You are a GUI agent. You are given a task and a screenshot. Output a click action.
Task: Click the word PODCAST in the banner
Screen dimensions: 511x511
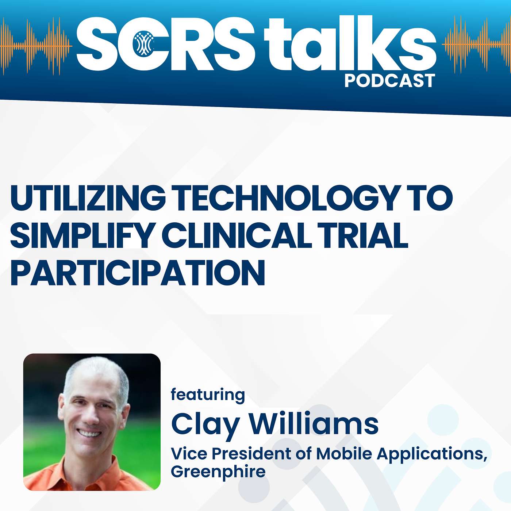pos(389,81)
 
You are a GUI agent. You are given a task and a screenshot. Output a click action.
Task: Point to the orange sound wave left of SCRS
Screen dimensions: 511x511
pos(36,46)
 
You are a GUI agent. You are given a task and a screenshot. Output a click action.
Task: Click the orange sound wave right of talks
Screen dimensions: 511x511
pos(476,44)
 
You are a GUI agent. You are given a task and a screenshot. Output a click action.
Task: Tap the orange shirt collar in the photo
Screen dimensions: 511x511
pos(88,467)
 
